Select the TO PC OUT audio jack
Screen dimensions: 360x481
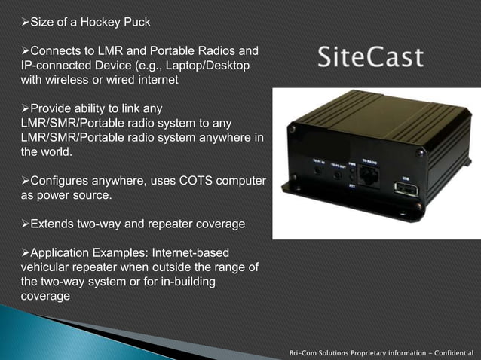[339, 172]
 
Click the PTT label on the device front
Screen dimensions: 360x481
[353, 183]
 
